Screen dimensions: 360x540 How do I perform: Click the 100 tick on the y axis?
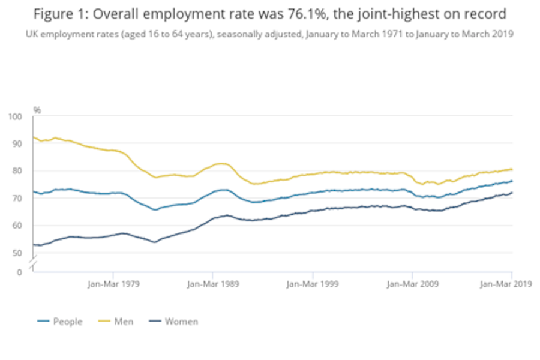14,116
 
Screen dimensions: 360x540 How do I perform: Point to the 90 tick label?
16,144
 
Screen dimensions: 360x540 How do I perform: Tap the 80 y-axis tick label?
16,171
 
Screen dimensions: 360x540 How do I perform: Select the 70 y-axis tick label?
16,199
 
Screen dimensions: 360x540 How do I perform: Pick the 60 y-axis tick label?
16,226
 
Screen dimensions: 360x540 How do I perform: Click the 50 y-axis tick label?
16,253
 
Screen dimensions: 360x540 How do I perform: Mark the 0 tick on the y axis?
19,272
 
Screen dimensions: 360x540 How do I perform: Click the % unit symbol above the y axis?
37,110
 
